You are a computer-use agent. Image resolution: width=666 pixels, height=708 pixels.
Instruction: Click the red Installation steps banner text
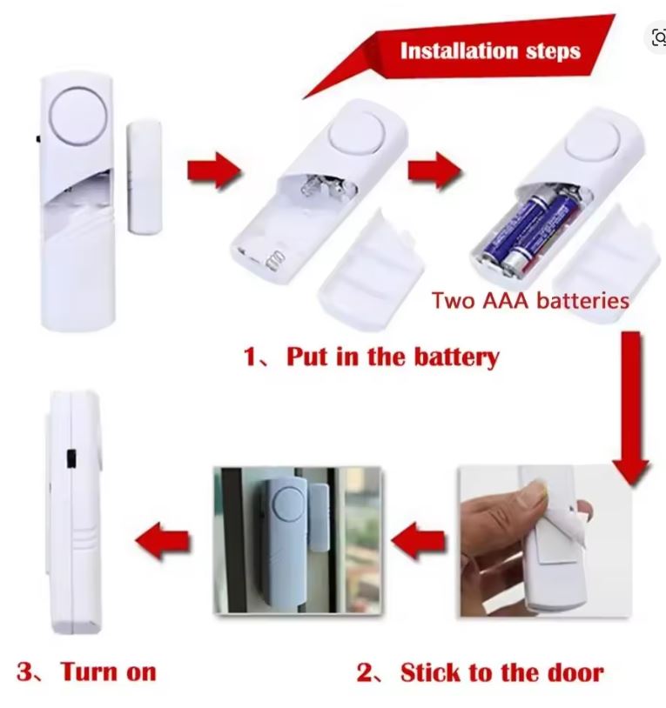[x=490, y=50]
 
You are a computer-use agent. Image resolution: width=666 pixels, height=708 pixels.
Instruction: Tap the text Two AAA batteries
[x=530, y=300]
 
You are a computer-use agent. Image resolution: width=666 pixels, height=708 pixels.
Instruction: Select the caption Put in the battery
[x=393, y=357]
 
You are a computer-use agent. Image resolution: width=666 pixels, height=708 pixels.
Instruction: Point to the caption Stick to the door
[x=501, y=672]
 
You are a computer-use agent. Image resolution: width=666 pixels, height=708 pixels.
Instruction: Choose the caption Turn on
[x=109, y=671]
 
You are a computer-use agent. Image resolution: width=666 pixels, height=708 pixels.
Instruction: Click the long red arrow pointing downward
[x=631, y=409]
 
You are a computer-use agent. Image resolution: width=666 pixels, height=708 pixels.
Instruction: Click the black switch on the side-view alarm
[x=71, y=458]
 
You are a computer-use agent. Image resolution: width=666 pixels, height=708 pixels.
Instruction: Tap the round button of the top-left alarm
[x=78, y=115]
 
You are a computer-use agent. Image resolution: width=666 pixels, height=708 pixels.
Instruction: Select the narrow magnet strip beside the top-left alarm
[x=145, y=176]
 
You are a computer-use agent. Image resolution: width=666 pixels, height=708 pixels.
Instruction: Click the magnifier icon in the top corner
[x=659, y=37]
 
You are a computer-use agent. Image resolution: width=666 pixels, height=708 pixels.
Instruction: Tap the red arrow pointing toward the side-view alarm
[x=163, y=541]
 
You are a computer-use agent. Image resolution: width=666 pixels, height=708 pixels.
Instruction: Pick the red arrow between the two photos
[x=419, y=540]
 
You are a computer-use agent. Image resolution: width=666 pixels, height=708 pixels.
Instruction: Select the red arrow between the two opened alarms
[x=435, y=170]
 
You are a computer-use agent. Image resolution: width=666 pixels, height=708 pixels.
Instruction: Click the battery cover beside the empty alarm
[x=371, y=270]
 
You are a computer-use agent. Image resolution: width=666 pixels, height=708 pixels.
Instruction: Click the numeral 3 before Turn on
[x=25, y=671]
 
